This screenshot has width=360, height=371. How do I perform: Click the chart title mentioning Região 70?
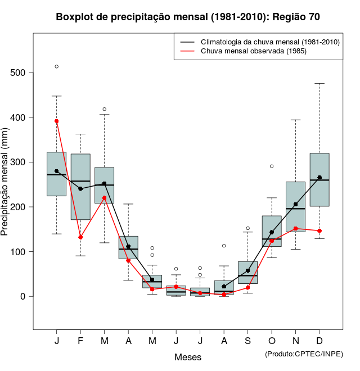pos(188,17)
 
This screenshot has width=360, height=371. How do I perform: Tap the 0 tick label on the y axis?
pos(23,296)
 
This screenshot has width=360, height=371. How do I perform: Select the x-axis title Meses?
pos(188,357)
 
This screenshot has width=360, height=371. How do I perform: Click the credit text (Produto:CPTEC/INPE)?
pos(304,354)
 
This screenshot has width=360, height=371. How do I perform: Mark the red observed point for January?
pos(57,121)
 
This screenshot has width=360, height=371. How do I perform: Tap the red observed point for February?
pos(80,237)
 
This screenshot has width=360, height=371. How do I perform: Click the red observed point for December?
pos(319,230)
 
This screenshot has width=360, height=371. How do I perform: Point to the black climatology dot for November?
pos(295,205)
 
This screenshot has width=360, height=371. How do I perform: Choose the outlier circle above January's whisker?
pos(57,66)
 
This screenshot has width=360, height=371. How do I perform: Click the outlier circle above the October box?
pos(272,166)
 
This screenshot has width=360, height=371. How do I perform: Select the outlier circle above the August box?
pos(224,246)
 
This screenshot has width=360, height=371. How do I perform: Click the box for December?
pos(319,180)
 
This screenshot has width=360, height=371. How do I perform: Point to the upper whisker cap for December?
pos(319,83)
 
